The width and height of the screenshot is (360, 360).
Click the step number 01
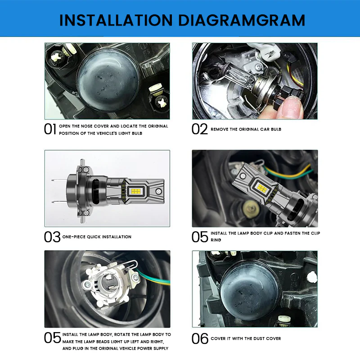tap(50, 130)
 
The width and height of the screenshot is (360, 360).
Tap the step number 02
tap(200, 130)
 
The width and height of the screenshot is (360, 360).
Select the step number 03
tap(52, 237)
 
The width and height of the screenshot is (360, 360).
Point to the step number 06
tap(200, 338)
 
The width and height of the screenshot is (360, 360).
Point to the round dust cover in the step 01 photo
tap(108, 79)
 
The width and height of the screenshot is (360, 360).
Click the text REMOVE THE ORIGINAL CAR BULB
tap(246, 130)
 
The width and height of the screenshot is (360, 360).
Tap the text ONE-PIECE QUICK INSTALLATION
tap(97, 237)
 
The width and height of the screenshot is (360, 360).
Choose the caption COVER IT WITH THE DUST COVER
tap(246, 338)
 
